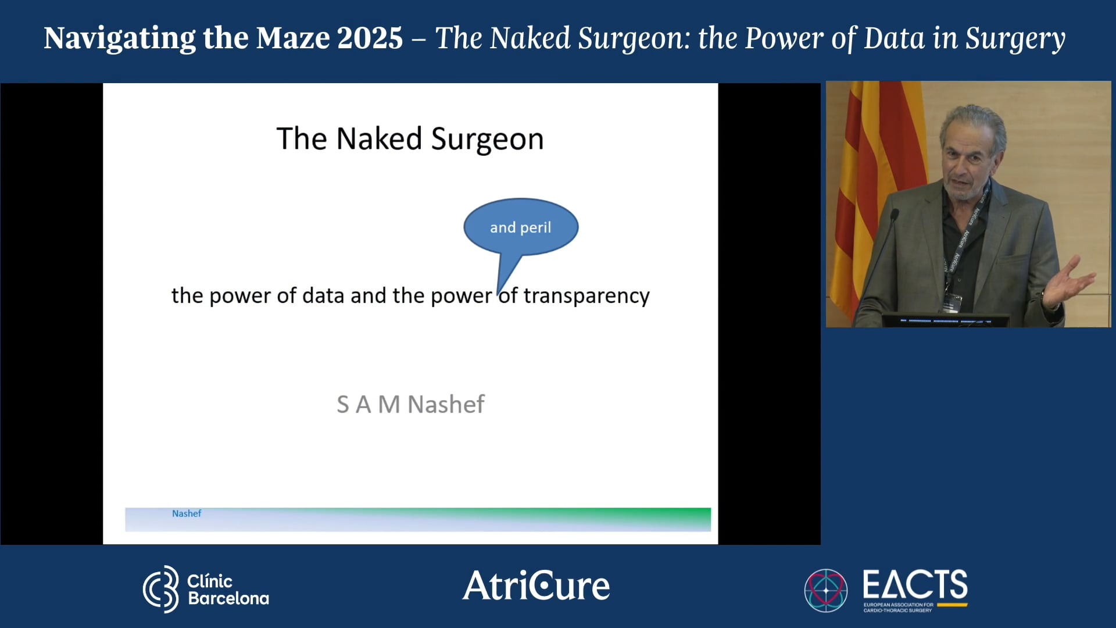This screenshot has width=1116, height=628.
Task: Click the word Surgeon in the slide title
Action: point(487,140)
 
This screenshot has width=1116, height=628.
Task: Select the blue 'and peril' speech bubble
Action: point(521,227)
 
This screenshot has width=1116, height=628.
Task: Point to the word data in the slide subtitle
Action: point(323,296)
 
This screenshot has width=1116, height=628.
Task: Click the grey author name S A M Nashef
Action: point(410,405)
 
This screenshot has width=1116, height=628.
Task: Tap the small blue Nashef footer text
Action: point(187,513)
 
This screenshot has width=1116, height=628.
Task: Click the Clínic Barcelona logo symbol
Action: point(161,589)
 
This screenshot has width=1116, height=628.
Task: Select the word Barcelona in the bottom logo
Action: point(228,598)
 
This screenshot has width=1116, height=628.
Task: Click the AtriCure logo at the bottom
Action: point(536,586)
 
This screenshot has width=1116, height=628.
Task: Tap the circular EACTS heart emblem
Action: point(825,590)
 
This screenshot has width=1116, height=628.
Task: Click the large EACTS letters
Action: point(915,584)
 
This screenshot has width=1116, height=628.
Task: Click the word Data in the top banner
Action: point(894,38)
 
